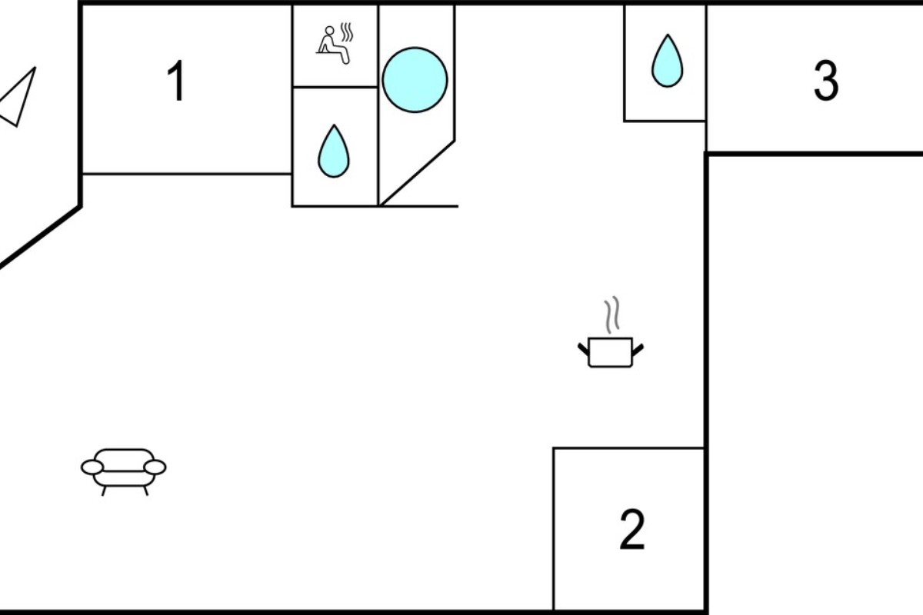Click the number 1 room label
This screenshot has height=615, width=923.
pyautogui.click(x=176, y=80)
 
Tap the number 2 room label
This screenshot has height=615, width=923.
pyautogui.click(x=632, y=529)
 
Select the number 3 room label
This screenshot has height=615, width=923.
pyautogui.click(x=826, y=80)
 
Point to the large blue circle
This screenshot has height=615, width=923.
pyautogui.click(x=415, y=80)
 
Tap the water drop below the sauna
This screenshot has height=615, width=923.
pyautogui.click(x=334, y=151)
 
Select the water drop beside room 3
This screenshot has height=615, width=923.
pyautogui.click(x=668, y=61)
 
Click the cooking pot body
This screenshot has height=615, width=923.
pyautogui.click(x=610, y=352)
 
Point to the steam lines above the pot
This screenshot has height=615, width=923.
pyautogui.click(x=612, y=314)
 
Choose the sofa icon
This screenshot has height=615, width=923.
pyautogui.click(x=124, y=472)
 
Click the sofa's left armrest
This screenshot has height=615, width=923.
pyautogui.click(x=92, y=467)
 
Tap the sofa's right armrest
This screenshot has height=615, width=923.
pyautogui.click(x=155, y=467)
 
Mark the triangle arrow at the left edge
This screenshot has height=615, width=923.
pyautogui.click(x=17, y=97)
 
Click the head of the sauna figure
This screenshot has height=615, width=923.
pyautogui.click(x=330, y=31)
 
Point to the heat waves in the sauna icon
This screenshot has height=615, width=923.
pyautogui.click(x=347, y=32)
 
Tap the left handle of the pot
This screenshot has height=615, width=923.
pyautogui.click(x=584, y=349)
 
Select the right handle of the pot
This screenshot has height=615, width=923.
pyautogui.click(x=638, y=350)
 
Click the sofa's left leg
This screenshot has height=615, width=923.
pyautogui.click(x=104, y=490)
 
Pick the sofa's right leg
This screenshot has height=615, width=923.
pyautogui.click(x=146, y=490)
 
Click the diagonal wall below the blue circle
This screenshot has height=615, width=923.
pyautogui.click(x=417, y=173)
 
